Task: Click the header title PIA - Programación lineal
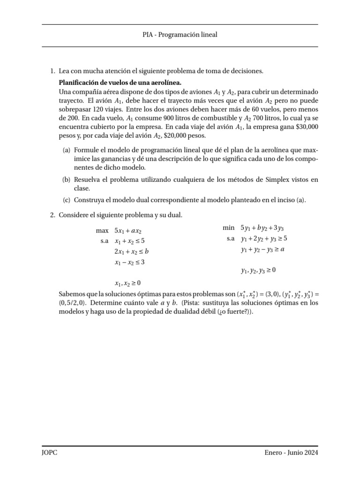pyautogui.click(x=180, y=35)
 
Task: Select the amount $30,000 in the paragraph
pyautogui.click(x=307, y=127)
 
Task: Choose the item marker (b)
pyautogui.click(x=67, y=180)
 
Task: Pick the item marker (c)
pyautogui.click(x=67, y=200)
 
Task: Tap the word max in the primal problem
pyautogui.click(x=102, y=231)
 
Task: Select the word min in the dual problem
pyautogui.click(x=228, y=228)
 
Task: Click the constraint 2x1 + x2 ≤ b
pyautogui.click(x=132, y=251)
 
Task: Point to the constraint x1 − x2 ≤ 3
pyautogui.click(x=130, y=262)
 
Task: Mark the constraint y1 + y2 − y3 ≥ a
pyautogui.click(x=262, y=250)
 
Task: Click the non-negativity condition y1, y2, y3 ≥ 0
pyautogui.click(x=258, y=270)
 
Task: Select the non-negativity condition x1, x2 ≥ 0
pyautogui.click(x=127, y=283)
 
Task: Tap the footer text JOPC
pyautogui.click(x=50, y=453)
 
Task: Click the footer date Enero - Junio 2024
pyautogui.click(x=291, y=453)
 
